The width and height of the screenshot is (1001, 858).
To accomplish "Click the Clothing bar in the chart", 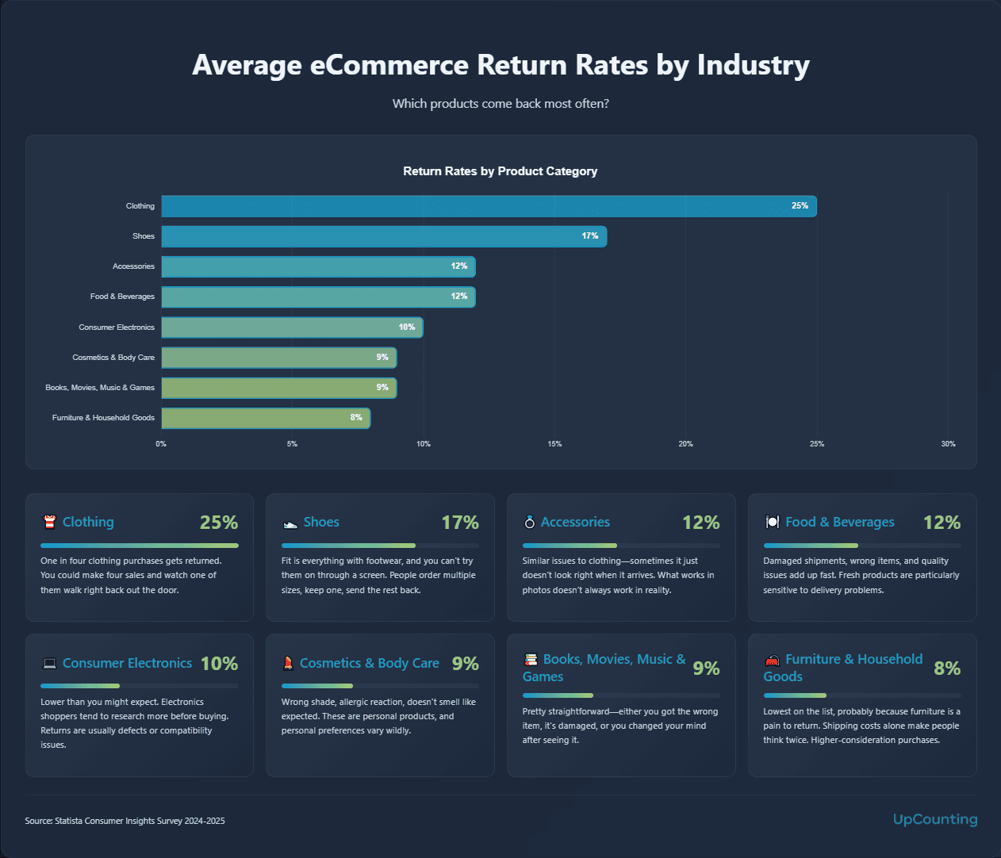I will [x=489, y=206].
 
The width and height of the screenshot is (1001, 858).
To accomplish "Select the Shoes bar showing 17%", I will [x=384, y=236].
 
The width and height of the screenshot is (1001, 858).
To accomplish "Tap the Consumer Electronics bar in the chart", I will [x=292, y=327].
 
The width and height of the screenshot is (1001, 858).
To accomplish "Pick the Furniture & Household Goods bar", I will [x=266, y=418].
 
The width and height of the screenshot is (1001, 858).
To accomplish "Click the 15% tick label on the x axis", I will [x=554, y=444].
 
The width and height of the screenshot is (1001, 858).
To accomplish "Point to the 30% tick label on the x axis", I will [x=948, y=444].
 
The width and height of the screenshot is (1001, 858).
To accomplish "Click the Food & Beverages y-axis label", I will [x=122, y=297].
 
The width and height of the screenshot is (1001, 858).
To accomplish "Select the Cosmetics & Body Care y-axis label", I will [x=113, y=358].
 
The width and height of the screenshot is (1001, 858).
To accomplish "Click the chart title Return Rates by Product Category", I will [x=500, y=171].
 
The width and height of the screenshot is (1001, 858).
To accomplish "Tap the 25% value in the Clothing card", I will [x=219, y=523].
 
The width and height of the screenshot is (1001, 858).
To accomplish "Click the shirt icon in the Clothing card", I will [x=49, y=522].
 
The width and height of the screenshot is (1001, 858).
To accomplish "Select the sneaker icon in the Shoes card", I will [x=290, y=523].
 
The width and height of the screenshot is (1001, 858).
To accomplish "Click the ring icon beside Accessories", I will [x=530, y=523].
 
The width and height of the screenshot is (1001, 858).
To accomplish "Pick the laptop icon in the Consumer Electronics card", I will [x=49, y=663].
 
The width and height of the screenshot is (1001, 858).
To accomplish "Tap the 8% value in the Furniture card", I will [x=947, y=668].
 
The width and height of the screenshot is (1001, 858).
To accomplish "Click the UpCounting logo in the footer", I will [x=934, y=819].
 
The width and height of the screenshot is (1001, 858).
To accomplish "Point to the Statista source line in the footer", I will [x=125, y=821].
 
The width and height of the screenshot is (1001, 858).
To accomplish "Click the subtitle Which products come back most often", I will [x=500, y=104].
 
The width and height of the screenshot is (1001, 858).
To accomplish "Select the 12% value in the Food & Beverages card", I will [x=942, y=523].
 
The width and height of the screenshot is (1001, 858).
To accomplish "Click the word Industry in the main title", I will [x=753, y=65].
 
